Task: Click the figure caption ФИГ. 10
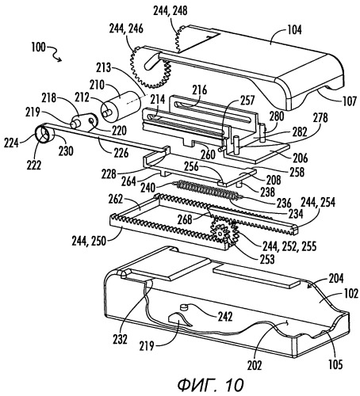(210, 385)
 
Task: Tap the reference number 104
(294, 29)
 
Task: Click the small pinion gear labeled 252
(222, 233)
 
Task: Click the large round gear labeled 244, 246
(149, 68)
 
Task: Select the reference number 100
(38, 48)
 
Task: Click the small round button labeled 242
(183, 307)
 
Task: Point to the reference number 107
(349, 101)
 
